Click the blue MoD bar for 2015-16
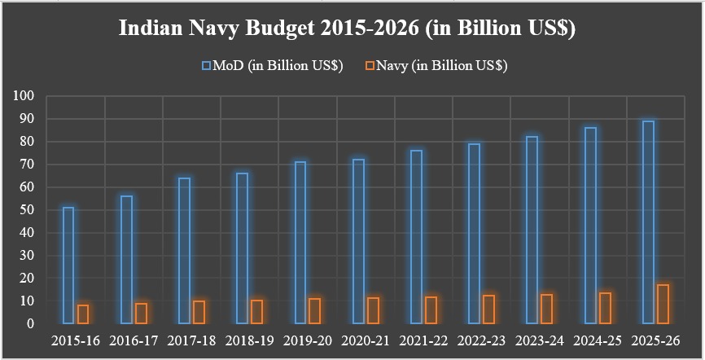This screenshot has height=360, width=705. click(68, 266)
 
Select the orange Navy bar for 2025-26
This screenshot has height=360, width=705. click(663, 304)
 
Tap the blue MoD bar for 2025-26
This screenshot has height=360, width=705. click(648, 222)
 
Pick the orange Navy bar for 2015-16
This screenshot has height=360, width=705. click(83, 314)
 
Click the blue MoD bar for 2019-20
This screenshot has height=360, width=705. click(300, 243)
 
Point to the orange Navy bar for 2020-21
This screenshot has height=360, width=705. click(374, 310)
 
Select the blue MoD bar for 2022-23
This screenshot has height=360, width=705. click(474, 234)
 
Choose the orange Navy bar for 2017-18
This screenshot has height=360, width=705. click(199, 312)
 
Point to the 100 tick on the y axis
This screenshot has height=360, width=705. click(24, 96)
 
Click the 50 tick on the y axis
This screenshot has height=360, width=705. click(27, 210)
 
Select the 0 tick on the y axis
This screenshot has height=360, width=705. click(30, 324)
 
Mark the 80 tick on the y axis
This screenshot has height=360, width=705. click(27, 142)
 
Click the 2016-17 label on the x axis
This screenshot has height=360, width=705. click(134, 340)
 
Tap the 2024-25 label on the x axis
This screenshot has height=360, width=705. click(598, 340)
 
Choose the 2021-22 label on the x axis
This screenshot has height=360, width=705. click(423, 340)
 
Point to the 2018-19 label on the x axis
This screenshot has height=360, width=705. click(249, 340)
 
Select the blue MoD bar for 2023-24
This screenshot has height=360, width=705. click(532, 230)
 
